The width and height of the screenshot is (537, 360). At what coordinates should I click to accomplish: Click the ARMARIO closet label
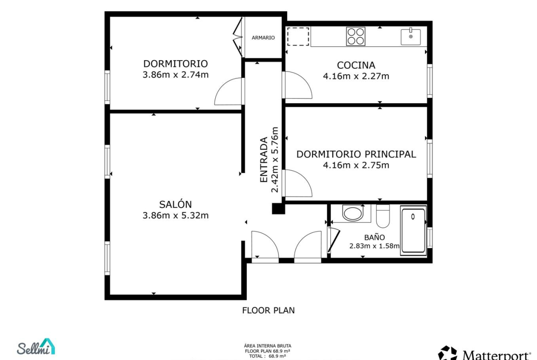[x=263, y=38]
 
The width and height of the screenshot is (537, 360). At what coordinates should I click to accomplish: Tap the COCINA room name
[x=356, y=65]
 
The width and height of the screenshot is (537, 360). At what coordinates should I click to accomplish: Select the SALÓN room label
[x=175, y=204]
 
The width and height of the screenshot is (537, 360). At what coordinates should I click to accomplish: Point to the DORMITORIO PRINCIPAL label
[x=356, y=154]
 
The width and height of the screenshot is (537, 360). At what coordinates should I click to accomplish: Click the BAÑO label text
[x=375, y=237]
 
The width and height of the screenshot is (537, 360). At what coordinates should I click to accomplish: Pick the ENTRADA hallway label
[x=264, y=160]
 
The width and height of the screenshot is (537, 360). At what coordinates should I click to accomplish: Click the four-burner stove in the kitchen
[x=356, y=36]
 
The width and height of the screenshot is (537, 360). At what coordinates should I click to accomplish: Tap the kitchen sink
[x=411, y=37]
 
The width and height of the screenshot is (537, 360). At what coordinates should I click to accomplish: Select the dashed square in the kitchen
[x=298, y=36]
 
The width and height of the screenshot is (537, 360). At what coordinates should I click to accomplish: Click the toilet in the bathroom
[x=383, y=216]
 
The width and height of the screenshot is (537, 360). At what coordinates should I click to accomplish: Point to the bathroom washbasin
[x=352, y=214]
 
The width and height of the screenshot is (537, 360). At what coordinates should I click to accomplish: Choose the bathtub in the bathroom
[x=414, y=230]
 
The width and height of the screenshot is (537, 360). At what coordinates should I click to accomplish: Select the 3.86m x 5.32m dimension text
[x=175, y=215]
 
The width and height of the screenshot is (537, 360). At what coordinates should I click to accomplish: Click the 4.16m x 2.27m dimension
[x=356, y=76]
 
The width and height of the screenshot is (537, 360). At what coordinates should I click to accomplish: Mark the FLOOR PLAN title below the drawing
[x=268, y=310]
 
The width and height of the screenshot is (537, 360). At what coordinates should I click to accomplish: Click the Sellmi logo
[x=36, y=347]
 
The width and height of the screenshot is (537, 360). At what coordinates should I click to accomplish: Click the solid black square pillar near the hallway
[x=279, y=208]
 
